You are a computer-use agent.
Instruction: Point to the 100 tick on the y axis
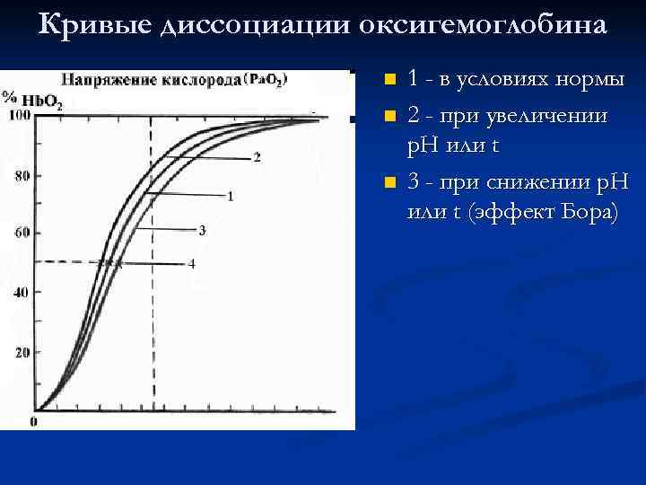tap(20, 115)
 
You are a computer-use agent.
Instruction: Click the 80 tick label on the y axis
tap(22, 175)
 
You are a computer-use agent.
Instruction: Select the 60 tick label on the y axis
tap(22, 233)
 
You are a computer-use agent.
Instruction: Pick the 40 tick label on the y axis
tap(22, 293)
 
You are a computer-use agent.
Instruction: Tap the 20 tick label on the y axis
tap(22, 352)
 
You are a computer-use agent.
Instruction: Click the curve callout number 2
tap(257, 158)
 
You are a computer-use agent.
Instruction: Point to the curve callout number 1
tap(231, 195)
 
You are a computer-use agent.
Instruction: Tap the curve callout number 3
tap(202, 230)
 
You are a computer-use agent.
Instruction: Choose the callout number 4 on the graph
tap(191, 264)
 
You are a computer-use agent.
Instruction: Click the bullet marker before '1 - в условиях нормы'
tap(388, 80)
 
